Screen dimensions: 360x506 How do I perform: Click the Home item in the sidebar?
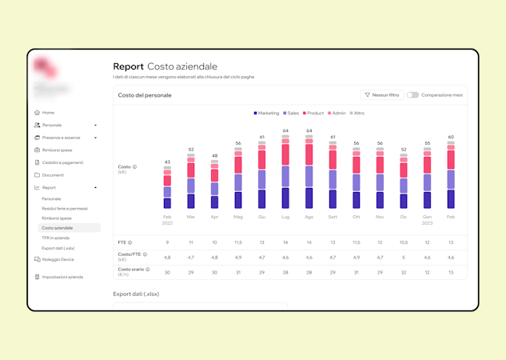[x=48, y=113]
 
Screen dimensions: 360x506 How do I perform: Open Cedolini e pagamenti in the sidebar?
[x=62, y=162]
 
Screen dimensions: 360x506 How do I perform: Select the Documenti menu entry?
[x=53, y=175]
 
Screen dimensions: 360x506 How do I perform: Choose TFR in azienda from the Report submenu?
[x=55, y=238]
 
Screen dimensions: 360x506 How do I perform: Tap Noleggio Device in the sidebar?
[x=58, y=259]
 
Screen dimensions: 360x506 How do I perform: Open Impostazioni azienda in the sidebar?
[x=62, y=277]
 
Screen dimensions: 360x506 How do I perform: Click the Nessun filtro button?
[x=382, y=95]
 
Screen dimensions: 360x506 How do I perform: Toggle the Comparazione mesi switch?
[x=412, y=95]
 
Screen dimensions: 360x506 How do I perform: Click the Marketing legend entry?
[x=267, y=114]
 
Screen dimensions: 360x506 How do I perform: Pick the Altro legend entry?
[x=357, y=114]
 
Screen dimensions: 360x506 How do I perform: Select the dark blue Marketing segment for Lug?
[x=285, y=198]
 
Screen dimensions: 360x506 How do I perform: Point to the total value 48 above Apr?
[x=214, y=156]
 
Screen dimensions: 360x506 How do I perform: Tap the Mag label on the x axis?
[x=238, y=217]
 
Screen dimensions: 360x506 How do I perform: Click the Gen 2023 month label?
[x=428, y=219]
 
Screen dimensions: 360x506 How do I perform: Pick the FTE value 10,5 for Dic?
[x=404, y=242]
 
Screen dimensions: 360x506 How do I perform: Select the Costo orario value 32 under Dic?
[x=404, y=272]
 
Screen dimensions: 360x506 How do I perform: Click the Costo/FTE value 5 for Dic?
[x=404, y=258]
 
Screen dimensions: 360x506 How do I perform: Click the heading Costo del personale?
[x=145, y=95]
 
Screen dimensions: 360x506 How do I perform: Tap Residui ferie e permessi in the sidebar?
[x=65, y=208]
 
